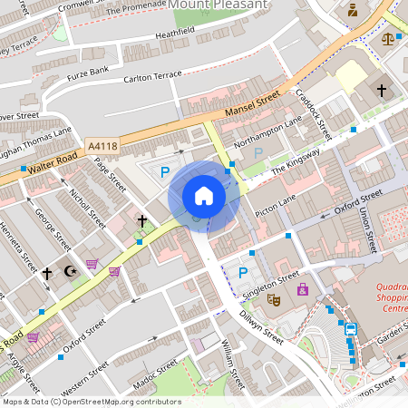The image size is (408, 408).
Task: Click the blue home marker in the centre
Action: [204, 196]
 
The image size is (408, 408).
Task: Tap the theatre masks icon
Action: [274, 298]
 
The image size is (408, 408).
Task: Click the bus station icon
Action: [351, 328]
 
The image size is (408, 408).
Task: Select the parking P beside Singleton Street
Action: [243, 272]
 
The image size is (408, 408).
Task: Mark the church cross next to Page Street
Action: [141, 220]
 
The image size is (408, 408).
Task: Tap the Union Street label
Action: [365, 228]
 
